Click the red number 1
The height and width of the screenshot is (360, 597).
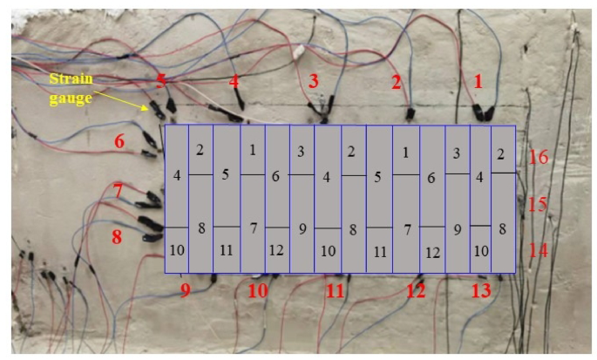point(478,81)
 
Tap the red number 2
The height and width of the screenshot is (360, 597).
point(397,84)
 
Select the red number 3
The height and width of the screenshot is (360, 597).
point(313,82)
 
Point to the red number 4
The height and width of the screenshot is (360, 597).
point(234,82)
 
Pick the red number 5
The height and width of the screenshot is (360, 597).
point(160,81)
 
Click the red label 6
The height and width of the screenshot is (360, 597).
point(119,141)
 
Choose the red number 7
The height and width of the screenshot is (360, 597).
point(119,190)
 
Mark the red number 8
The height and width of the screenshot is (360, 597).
point(118,236)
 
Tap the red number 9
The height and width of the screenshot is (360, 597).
point(185,291)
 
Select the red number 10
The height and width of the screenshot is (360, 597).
point(258,291)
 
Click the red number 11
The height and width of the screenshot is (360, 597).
point(336,291)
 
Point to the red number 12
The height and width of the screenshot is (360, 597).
point(415,291)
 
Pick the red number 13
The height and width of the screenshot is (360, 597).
point(481,291)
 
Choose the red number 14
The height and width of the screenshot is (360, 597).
point(538,250)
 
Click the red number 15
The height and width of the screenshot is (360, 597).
point(538,204)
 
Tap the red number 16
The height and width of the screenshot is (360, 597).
point(538,157)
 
